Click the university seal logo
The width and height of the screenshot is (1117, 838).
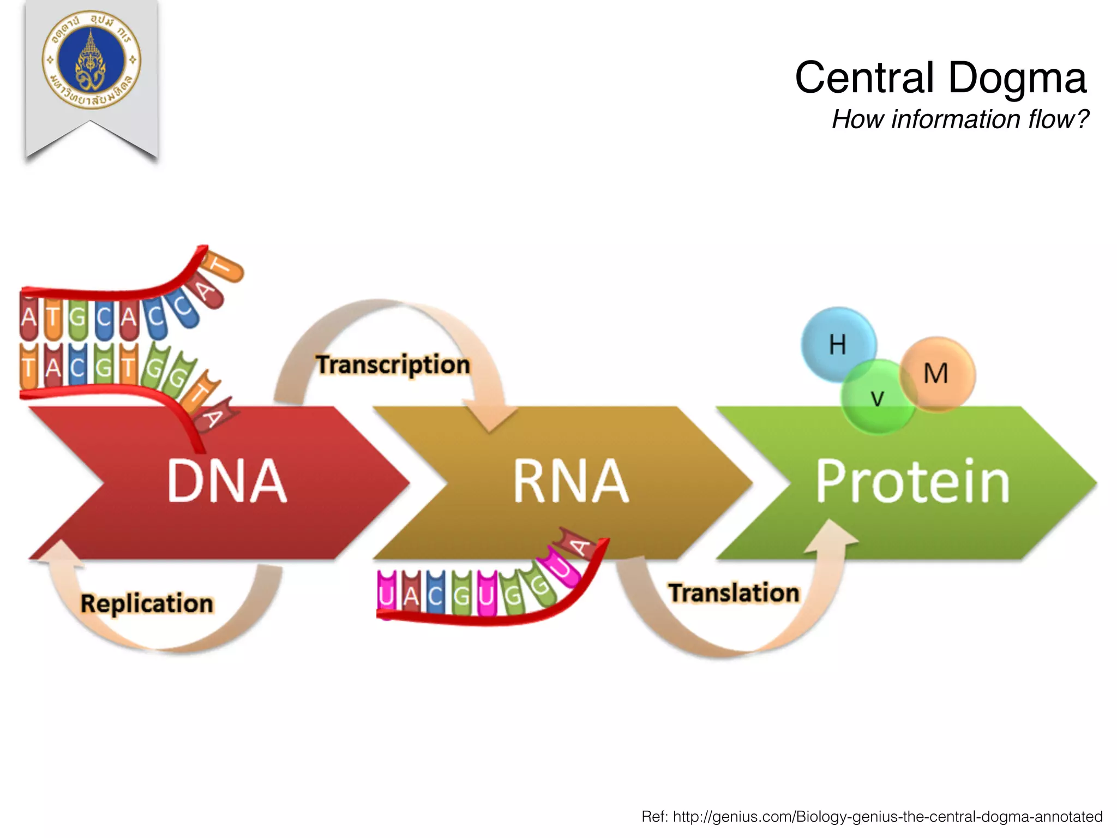tap(91, 60)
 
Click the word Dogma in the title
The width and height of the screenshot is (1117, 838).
tap(1017, 77)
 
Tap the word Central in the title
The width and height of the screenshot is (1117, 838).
tap(864, 77)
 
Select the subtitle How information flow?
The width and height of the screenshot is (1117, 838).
tap(960, 119)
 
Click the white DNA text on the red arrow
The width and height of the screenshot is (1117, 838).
tap(227, 481)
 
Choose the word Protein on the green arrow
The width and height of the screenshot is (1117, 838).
tap(912, 481)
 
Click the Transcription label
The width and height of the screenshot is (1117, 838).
tap(393, 364)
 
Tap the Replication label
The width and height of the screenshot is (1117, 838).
tap(146, 603)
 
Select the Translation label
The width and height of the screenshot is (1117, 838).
tap(734, 593)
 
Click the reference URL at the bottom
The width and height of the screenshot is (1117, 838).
tap(872, 816)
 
